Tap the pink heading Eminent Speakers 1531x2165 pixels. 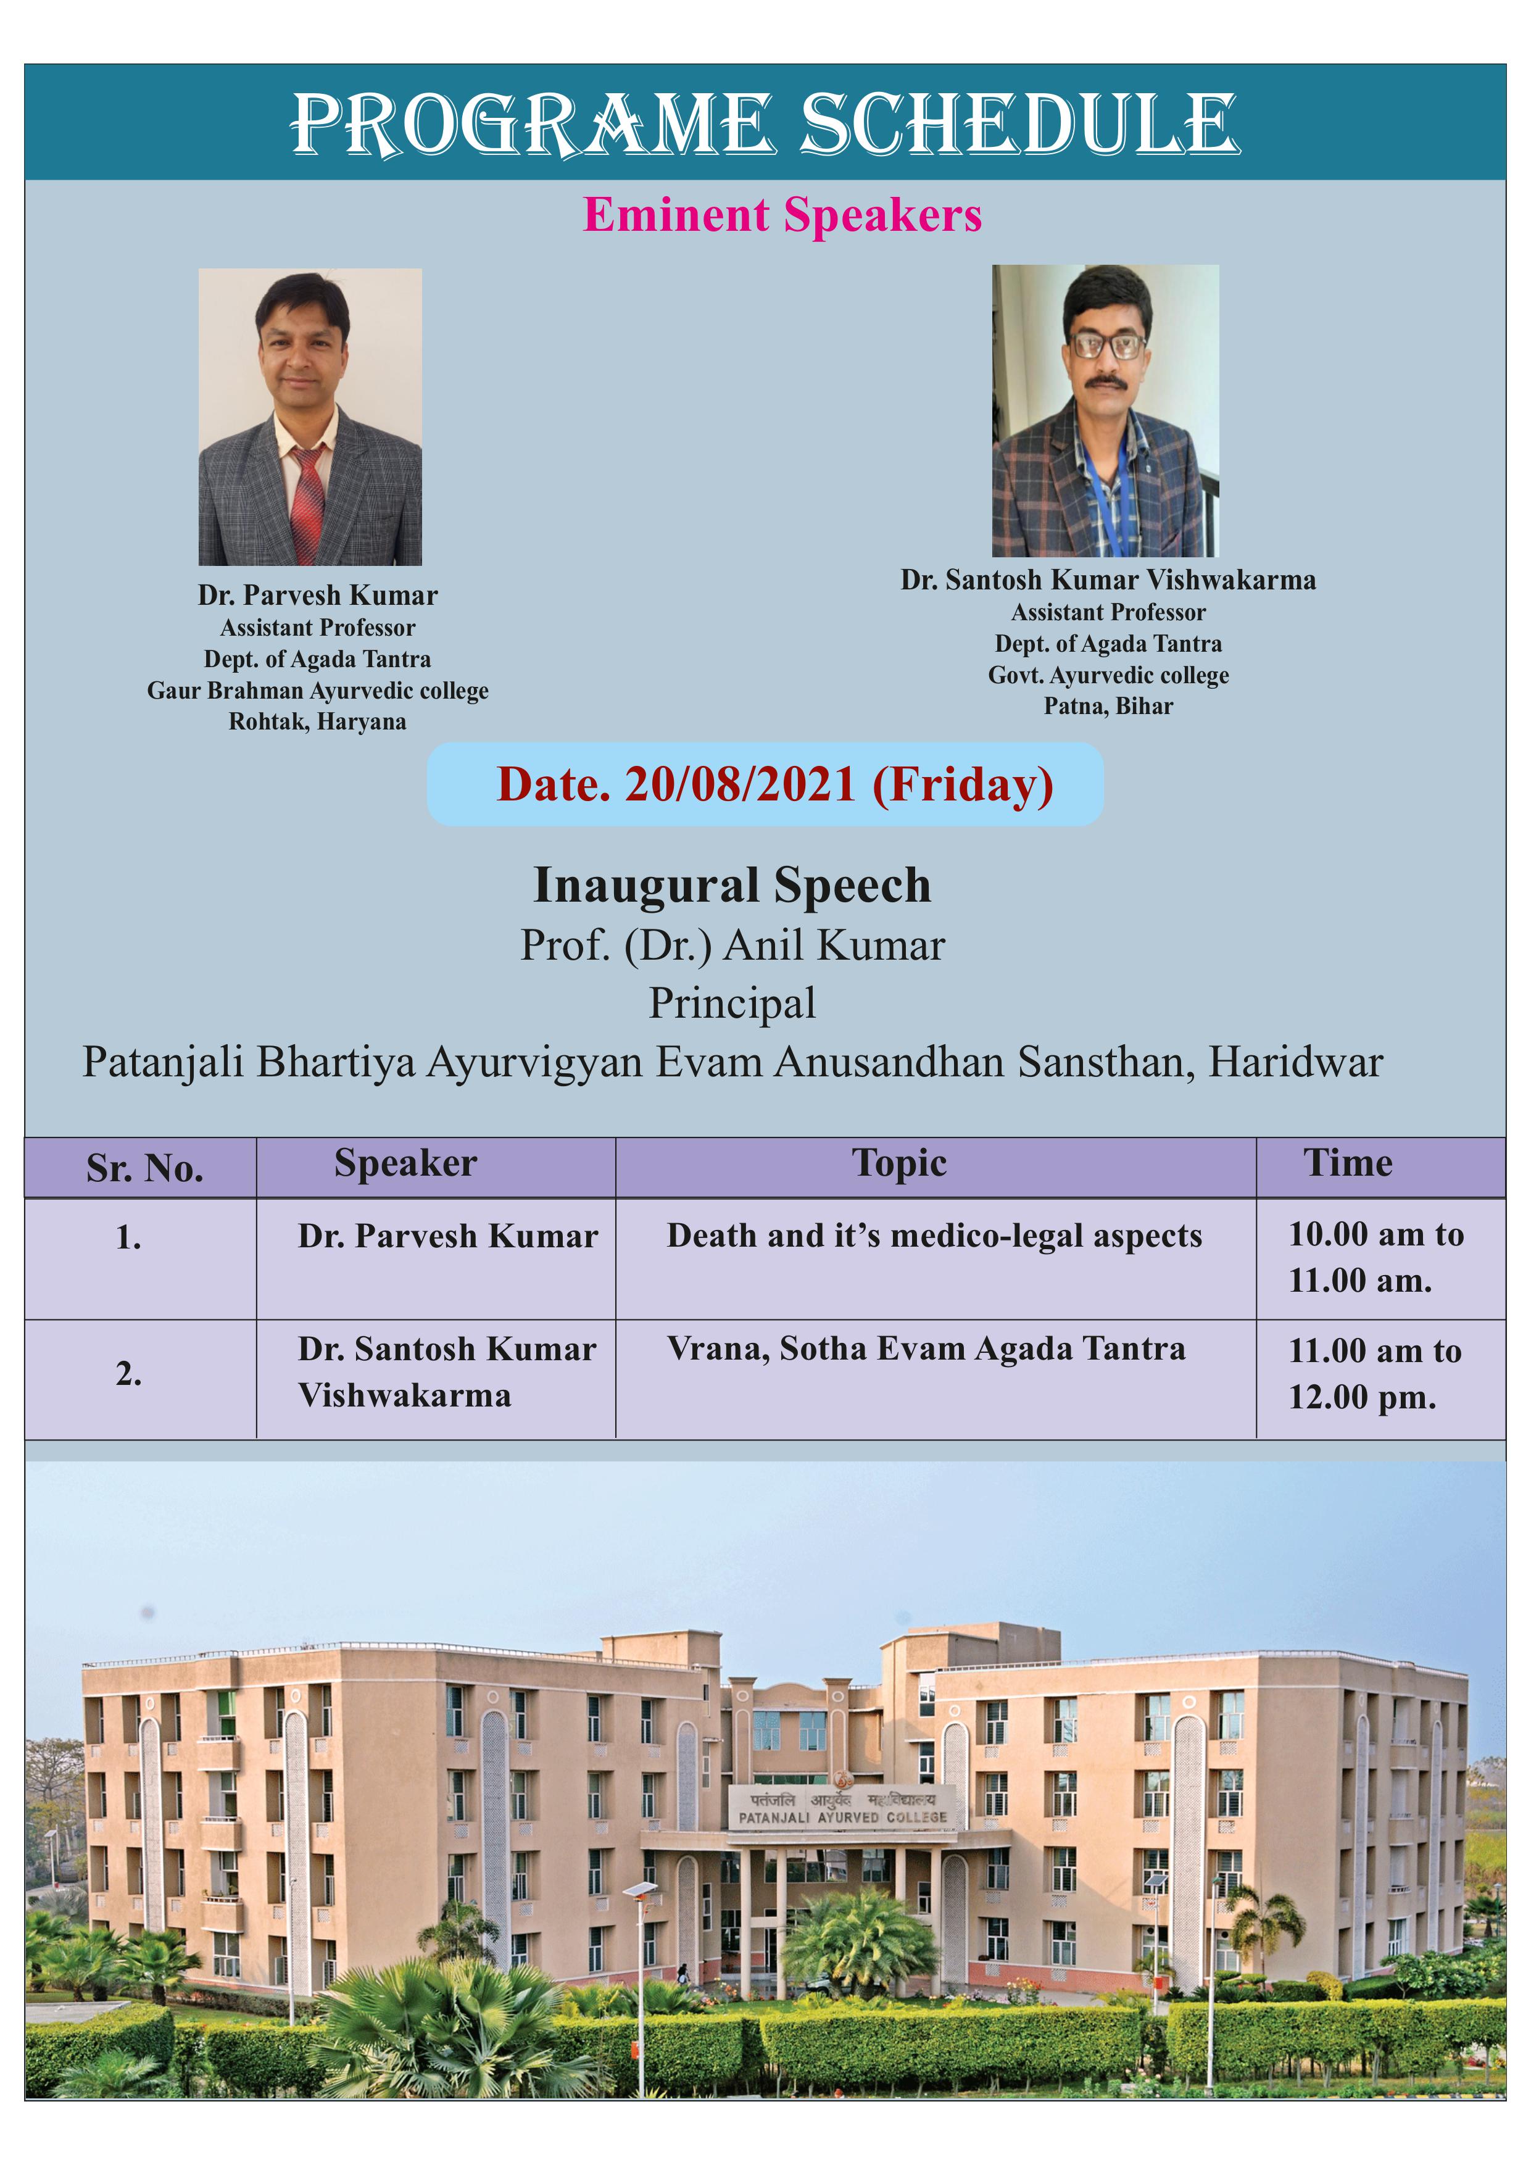tap(782, 215)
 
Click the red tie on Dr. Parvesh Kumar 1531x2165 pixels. tap(307, 504)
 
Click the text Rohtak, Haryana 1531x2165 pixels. tap(318, 722)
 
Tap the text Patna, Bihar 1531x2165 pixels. tap(1109, 706)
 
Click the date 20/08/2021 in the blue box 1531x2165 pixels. tap(740, 784)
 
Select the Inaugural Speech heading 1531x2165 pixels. tap(732, 886)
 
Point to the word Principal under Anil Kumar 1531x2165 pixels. tap(732, 1004)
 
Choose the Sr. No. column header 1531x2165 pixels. tap(145, 1168)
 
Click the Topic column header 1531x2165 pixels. tap(899, 1163)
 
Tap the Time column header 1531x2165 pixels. tap(1348, 1163)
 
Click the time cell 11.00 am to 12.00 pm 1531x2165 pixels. tap(1375, 1374)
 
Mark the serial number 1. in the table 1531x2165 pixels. tap(129, 1238)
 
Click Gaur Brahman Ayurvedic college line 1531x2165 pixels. tap(318, 691)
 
